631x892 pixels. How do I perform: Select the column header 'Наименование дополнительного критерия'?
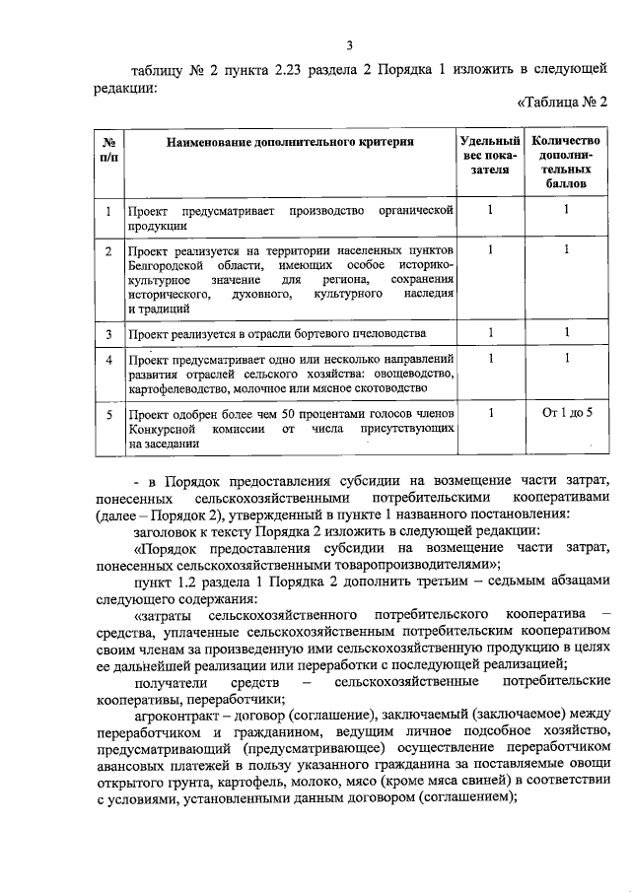290,143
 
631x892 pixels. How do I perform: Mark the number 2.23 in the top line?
259,69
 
